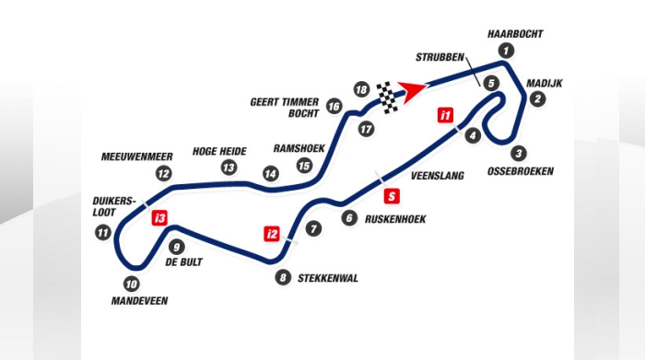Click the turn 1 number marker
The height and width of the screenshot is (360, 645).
click(504, 50)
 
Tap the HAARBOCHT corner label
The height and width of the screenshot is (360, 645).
click(514, 33)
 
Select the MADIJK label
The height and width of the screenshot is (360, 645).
click(545, 83)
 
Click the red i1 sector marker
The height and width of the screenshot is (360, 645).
click(446, 116)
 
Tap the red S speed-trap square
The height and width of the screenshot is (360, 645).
click(392, 195)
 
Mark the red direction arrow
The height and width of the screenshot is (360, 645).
click(414, 89)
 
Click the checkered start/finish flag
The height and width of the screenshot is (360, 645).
click(389, 94)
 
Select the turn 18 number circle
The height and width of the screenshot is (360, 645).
click(361, 89)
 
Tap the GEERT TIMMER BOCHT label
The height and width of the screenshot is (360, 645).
click(284, 108)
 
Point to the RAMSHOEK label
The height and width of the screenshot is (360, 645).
click(299, 147)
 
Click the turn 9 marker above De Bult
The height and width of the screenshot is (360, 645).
click(177, 246)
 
